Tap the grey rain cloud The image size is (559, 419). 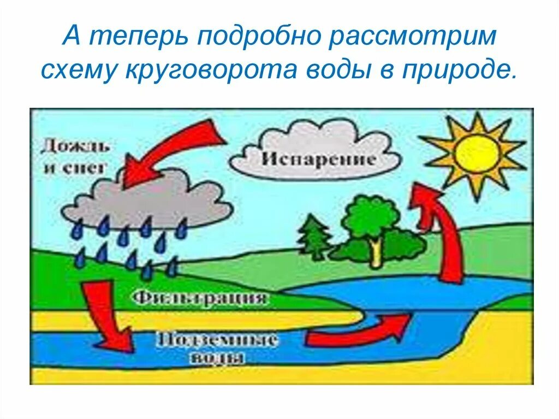click(x=147, y=199)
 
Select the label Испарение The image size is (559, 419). click(x=318, y=160)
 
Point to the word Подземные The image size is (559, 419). click(x=218, y=340)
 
